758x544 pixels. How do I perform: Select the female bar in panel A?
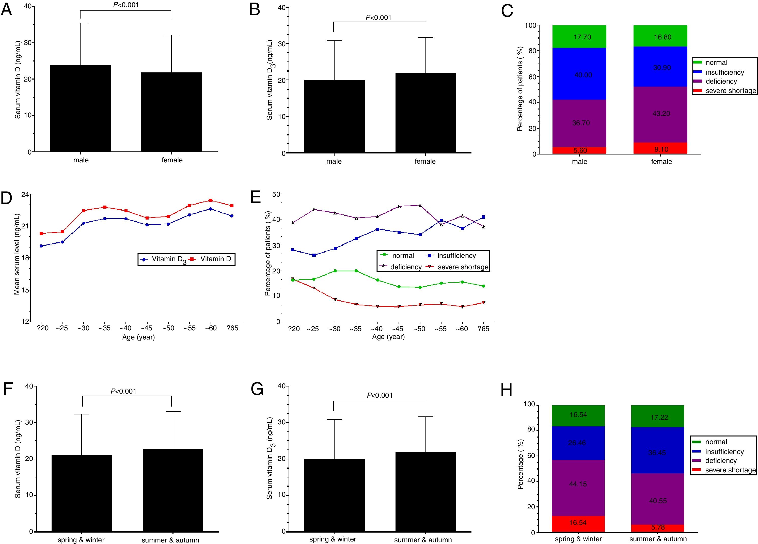171,112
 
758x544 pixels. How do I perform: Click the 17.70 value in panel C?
582,37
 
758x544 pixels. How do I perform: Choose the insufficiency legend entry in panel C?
724,72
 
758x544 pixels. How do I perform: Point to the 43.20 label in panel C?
661,114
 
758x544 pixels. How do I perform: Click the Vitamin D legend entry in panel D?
215,259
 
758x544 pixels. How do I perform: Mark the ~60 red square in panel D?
210,200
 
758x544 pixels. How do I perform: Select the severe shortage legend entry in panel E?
463,267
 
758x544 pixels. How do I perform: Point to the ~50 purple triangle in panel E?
420,205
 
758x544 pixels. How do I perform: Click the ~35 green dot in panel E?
356,271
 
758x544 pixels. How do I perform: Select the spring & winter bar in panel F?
82,493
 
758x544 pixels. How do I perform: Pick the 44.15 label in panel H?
578,484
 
